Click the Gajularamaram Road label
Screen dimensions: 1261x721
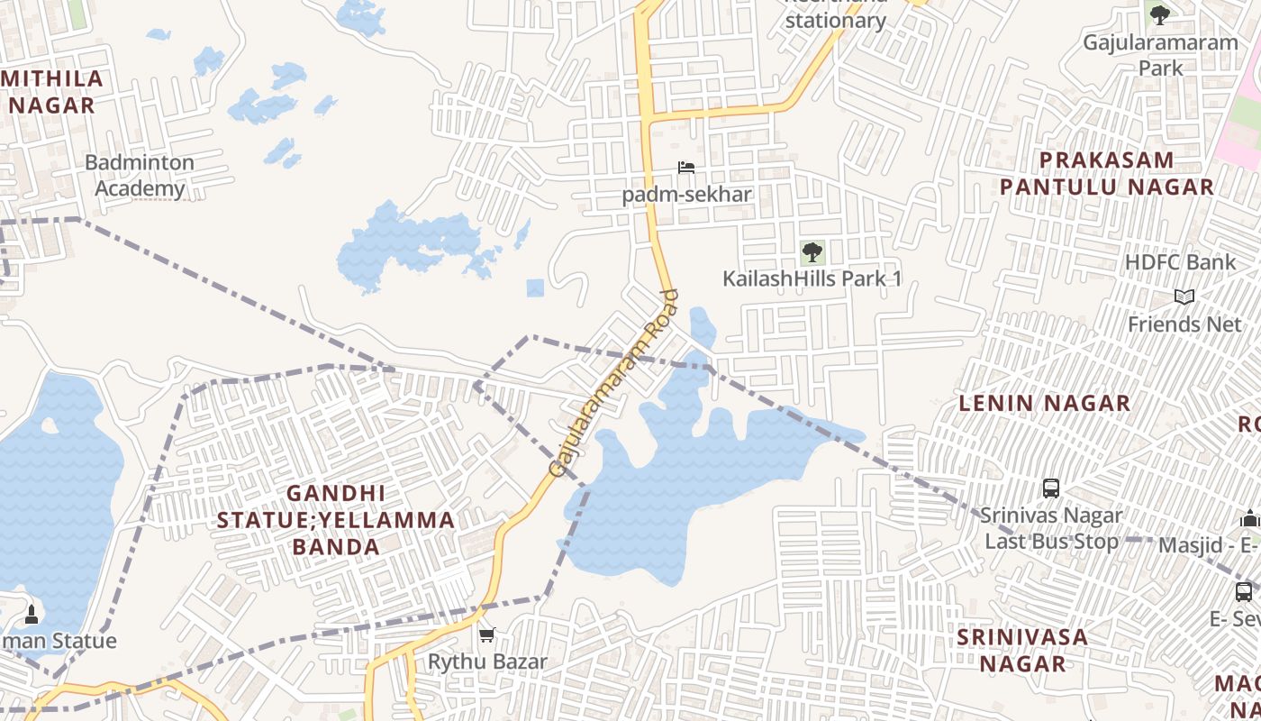pyautogui.click(x=612, y=384)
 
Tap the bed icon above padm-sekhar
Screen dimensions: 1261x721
pyautogui.click(x=686, y=168)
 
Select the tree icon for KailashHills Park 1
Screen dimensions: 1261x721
pyautogui.click(x=812, y=251)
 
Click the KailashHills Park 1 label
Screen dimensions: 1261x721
pyautogui.click(x=812, y=278)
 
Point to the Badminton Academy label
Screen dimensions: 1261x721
pyautogui.click(x=140, y=176)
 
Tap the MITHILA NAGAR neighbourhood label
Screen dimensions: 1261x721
pyautogui.click(x=52, y=92)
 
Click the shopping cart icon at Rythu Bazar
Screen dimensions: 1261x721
pyautogui.click(x=487, y=635)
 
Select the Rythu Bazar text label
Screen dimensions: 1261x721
pyautogui.click(x=487, y=662)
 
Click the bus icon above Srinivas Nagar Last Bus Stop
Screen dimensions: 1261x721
pyautogui.click(x=1050, y=488)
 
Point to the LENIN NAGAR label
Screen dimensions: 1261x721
pyautogui.click(x=1044, y=403)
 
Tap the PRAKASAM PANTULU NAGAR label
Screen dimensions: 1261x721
pyautogui.click(x=1107, y=174)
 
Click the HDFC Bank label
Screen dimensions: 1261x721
pyautogui.click(x=1180, y=262)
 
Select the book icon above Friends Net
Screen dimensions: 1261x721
pyautogui.click(x=1184, y=297)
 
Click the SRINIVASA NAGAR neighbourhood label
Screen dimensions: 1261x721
pyautogui.click(x=1022, y=650)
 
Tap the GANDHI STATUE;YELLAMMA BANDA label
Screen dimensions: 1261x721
pyautogui.click(x=336, y=520)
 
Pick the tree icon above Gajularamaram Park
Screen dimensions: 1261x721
pyautogui.click(x=1160, y=14)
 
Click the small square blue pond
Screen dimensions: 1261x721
pyautogui.click(x=535, y=287)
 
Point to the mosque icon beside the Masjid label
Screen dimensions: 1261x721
pyautogui.click(x=1248, y=518)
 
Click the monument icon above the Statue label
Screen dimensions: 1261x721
pyautogui.click(x=32, y=615)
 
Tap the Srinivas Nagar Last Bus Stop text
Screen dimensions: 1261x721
pyautogui.click(x=1051, y=528)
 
